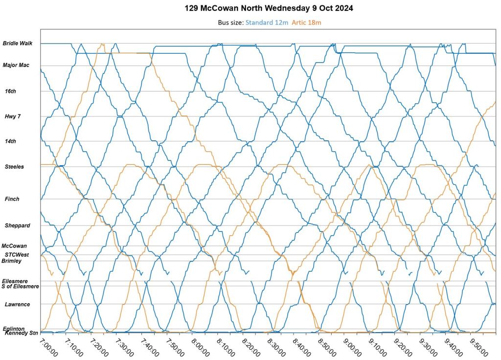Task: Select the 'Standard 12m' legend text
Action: click(266, 22)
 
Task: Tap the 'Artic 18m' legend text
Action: click(306, 22)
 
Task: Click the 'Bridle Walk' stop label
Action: click(18, 44)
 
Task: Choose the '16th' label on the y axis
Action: click(10, 91)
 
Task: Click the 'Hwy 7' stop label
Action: click(12, 116)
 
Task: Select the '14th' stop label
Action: click(10, 141)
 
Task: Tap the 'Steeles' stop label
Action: click(14, 167)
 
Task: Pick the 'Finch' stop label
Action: click(12, 199)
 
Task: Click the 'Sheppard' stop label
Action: click(17, 225)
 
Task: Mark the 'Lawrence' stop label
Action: click(17, 304)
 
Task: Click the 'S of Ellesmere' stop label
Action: click(20, 286)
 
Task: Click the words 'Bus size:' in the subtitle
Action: click(230, 22)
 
